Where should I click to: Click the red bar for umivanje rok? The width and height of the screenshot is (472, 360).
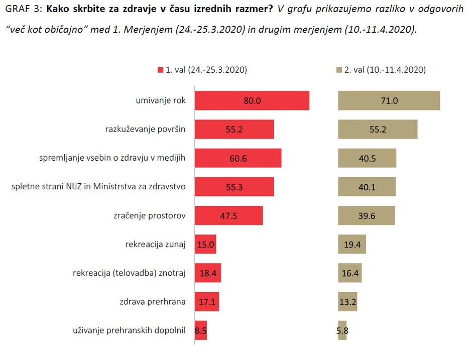point(252,100)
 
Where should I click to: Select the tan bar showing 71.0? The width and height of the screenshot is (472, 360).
point(389,100)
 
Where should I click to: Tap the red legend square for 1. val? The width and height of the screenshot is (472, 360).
point(161,70)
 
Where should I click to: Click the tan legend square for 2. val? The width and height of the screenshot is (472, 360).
point(339,70)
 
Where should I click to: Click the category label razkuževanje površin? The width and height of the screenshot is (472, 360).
point(146,129)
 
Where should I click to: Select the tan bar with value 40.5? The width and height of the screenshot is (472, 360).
point(367,158)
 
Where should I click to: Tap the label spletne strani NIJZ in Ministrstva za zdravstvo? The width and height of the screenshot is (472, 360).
point(98,187)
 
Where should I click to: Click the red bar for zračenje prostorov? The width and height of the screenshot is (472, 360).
point(228,215)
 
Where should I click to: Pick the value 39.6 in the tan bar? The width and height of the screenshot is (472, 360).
point(366,215)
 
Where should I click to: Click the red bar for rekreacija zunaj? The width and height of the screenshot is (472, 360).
point(205,245)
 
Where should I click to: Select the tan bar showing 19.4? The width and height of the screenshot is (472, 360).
point(352,245)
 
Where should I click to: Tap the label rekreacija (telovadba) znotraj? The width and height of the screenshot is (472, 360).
point(130,273)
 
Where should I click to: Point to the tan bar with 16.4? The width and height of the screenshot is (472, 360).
point(349,273)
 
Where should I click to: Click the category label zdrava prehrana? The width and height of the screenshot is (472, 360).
point(153,302)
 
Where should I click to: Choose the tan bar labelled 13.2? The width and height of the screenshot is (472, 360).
point(347,302)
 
